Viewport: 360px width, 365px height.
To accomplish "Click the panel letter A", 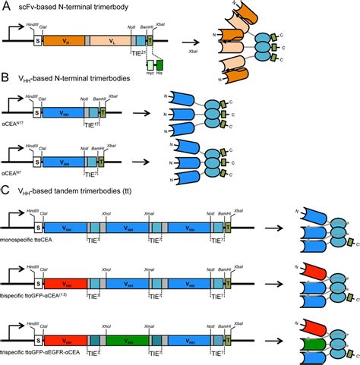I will coord(5,6).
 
